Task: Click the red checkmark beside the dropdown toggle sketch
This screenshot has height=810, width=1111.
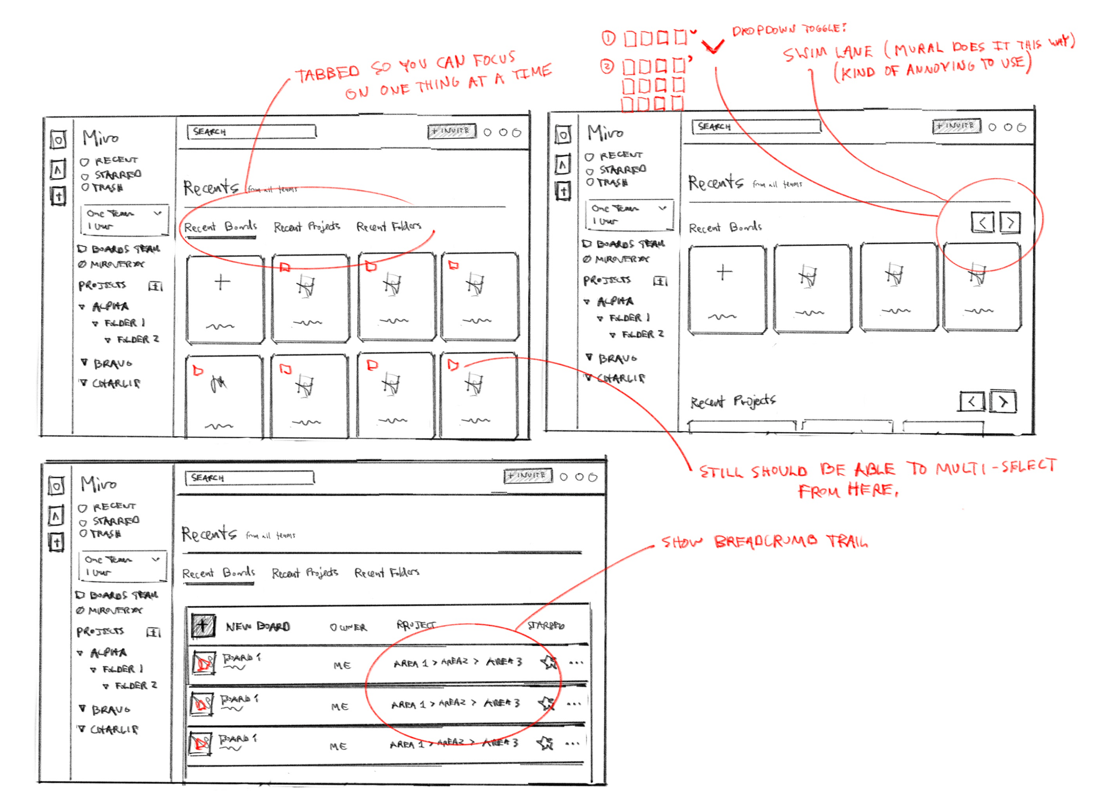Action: [713, 47]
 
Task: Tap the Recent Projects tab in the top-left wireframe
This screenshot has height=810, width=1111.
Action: [307, 227]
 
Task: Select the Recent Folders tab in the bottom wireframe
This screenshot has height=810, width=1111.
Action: [387, 572]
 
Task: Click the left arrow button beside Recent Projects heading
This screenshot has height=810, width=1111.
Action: [971, 401]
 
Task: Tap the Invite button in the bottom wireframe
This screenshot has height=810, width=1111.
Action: [527, 476]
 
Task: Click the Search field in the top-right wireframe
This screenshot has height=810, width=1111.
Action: [755, 127]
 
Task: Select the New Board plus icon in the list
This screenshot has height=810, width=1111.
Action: [203, 626]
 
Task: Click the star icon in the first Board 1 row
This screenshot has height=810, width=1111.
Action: [549, 662]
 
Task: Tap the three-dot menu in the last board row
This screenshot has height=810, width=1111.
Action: [573, 743]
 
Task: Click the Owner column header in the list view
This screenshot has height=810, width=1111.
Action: [348, 627]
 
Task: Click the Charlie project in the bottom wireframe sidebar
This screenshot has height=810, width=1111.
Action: [114, 729]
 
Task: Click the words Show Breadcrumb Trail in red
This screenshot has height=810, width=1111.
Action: [764, 542]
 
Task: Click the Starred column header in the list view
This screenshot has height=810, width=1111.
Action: [546, 626]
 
